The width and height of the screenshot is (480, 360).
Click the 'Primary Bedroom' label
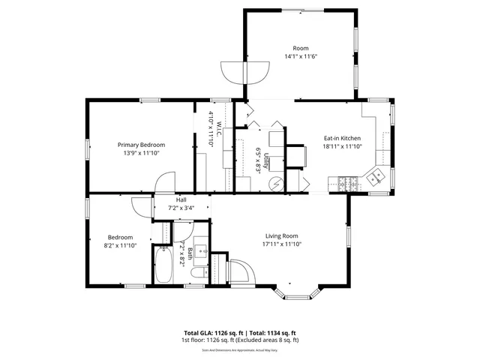click(x=141, y=145)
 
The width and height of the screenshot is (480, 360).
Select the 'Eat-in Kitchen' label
click(x=342, y=139)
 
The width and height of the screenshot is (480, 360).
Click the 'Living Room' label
click(x=280, y=235)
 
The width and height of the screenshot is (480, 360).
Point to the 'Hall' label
click(x=181, y=200)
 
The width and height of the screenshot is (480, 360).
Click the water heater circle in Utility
click(x=276, y=181)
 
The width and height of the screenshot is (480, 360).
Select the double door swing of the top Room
click(x=244, y=71)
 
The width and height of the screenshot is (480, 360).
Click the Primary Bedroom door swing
click(x=165, y=183)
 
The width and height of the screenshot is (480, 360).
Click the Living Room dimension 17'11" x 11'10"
click(x=280, y=244)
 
